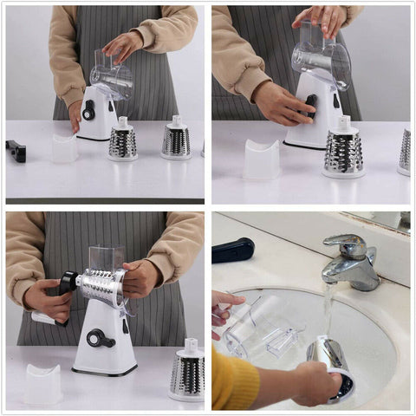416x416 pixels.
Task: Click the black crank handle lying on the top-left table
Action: pos(16,150)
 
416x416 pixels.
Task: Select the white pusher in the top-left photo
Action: pos(64,148)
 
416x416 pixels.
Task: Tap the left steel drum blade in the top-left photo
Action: pos(122,141)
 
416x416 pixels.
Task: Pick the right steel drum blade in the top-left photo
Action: pos(176,140)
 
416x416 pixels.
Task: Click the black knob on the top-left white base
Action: pos(88,110)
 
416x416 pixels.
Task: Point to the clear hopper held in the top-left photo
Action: pos(111,76)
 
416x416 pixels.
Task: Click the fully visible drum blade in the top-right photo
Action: pos(344,151)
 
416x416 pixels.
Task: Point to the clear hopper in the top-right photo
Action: pos(321,56)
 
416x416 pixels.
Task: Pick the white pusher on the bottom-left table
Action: pos(43,382)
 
